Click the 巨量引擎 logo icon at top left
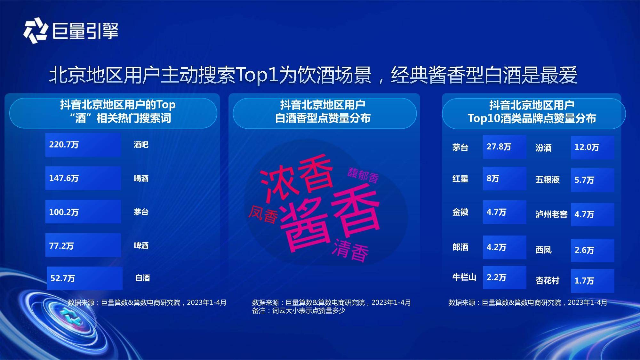[35, 30]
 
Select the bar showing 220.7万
[83, 145]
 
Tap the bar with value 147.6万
[83, 178]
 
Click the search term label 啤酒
[141, 245]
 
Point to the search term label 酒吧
[141, 145]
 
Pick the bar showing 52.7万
[84, 278]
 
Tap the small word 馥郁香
[363, 175]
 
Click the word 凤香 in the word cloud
[263, 214]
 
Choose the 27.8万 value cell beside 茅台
[505, 147]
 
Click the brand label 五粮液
[548, 180]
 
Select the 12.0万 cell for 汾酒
[592, 148]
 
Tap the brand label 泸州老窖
[551, 214]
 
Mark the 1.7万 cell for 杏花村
[592, 281]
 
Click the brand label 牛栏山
[464, 277]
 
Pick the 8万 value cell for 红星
[505, 179]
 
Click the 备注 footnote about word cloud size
[299, 310]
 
